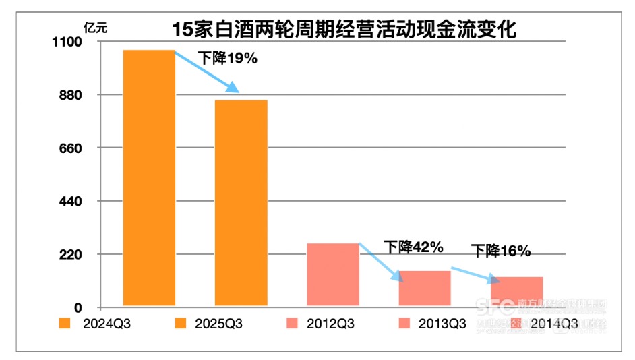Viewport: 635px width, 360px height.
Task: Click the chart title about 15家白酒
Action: [344, 30]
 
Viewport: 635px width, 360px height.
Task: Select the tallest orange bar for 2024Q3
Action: [149, 178]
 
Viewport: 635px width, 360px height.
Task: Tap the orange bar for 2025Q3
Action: [241, 203]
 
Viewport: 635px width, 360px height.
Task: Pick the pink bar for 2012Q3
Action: [332, 274]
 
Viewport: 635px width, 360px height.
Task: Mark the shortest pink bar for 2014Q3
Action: [516, 291]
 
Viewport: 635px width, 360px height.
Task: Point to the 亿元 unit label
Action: [95, 28]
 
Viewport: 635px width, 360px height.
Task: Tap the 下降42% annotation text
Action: [413, 247]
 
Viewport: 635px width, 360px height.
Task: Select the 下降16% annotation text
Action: [501, 251]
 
